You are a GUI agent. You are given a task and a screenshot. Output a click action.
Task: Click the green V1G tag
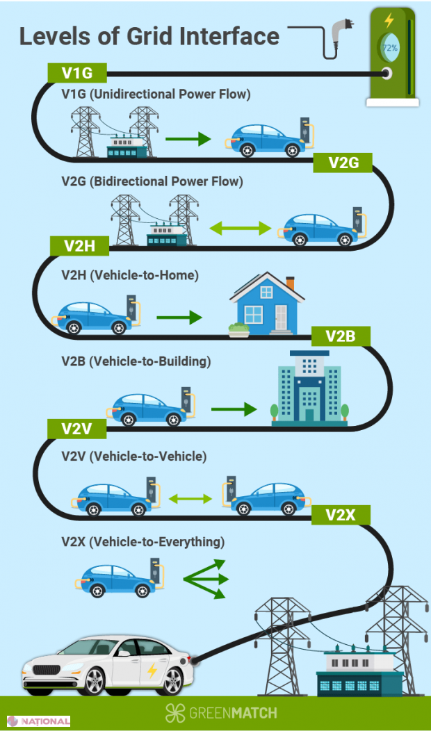[77, 72]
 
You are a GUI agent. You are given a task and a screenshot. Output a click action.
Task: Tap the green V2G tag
[343, 163]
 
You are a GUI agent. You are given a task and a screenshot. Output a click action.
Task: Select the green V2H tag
[80, 246]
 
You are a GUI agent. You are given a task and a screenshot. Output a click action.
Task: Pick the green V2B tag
[340, 336]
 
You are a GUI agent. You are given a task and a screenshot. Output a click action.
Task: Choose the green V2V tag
[76, 429]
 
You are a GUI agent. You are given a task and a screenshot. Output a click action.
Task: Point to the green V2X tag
[341, 515]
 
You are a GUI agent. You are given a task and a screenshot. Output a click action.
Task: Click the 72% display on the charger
[389, 48]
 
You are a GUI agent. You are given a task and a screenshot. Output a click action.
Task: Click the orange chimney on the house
[290, 284]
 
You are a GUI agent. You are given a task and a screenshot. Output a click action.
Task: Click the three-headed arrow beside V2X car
[206, 578]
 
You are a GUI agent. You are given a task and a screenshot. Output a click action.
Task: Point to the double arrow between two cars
[190, 498]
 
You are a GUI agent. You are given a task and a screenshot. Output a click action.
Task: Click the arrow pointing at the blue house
[179, 318]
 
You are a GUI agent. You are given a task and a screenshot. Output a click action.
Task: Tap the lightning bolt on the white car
[152, 671]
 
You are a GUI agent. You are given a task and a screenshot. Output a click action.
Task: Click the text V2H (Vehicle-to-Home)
[130, 275]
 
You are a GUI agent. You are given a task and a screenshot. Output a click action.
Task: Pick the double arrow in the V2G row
[240, 227]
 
